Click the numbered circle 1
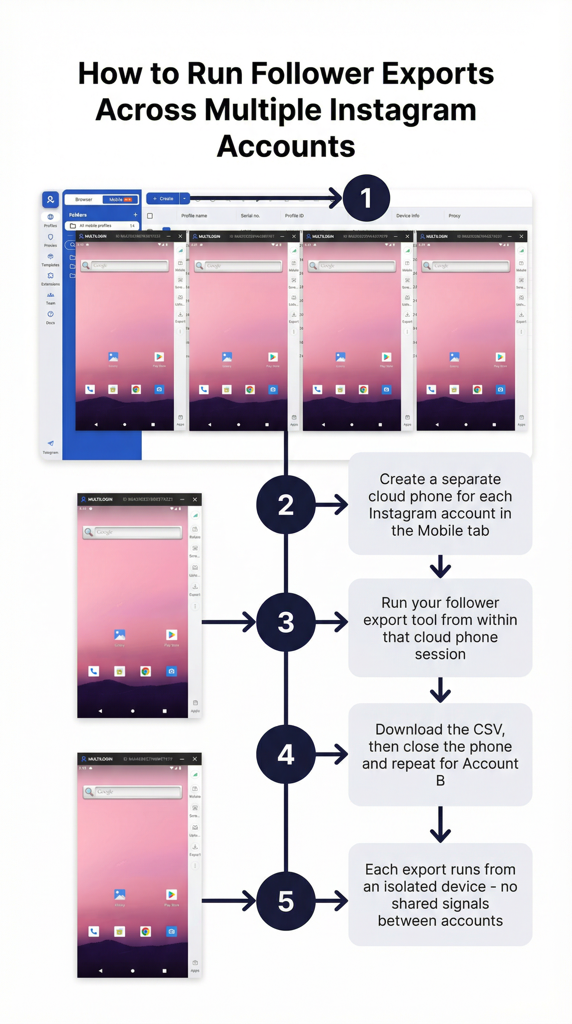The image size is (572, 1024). click(366, 198)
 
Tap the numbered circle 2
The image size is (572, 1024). click(286, 505)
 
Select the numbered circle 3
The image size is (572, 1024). click(286, 622)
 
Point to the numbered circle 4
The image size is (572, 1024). click(286, 754)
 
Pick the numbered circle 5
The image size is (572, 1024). click(286, 901)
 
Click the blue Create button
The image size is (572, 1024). click(163, 198)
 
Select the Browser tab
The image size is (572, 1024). click(83, 199)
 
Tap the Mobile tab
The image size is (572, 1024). click(120, 199)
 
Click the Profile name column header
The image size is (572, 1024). click(194, 216)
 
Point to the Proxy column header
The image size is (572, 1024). click(454, 216)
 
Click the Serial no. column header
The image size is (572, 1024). click(250, 216)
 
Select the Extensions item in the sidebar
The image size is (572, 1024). click(51, 279)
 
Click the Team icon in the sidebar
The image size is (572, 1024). click(51, 295)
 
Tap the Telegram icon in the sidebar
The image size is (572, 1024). click(51, 444)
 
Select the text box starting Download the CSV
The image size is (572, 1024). click(440, 755)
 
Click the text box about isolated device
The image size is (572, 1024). click(440, 895)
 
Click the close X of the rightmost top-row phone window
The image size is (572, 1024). click(521, 237)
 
